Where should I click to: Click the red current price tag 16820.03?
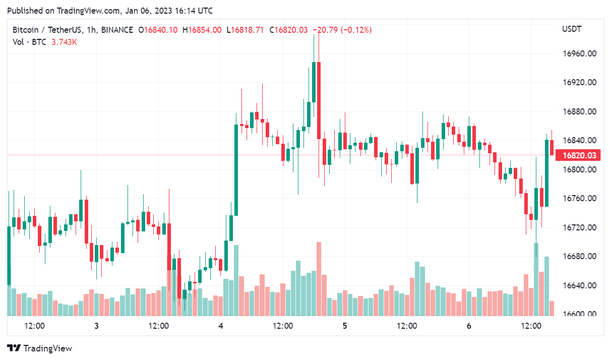point(579,156)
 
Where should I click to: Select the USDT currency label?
point(572,29)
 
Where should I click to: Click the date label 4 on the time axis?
point(221,326)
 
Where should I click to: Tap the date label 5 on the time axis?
point(345,326)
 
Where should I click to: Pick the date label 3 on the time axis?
point(96,326)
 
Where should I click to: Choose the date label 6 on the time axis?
point(469,326)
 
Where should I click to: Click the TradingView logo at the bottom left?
point(40,348)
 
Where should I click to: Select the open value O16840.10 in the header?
point(158,30)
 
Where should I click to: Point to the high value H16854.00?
point(202,30)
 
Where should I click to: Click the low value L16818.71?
point(246,30)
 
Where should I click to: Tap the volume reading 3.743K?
point(64,42)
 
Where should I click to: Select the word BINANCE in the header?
point(117,30)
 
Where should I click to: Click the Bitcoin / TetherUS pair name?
point(47,30)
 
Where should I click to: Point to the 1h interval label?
point(91,30)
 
